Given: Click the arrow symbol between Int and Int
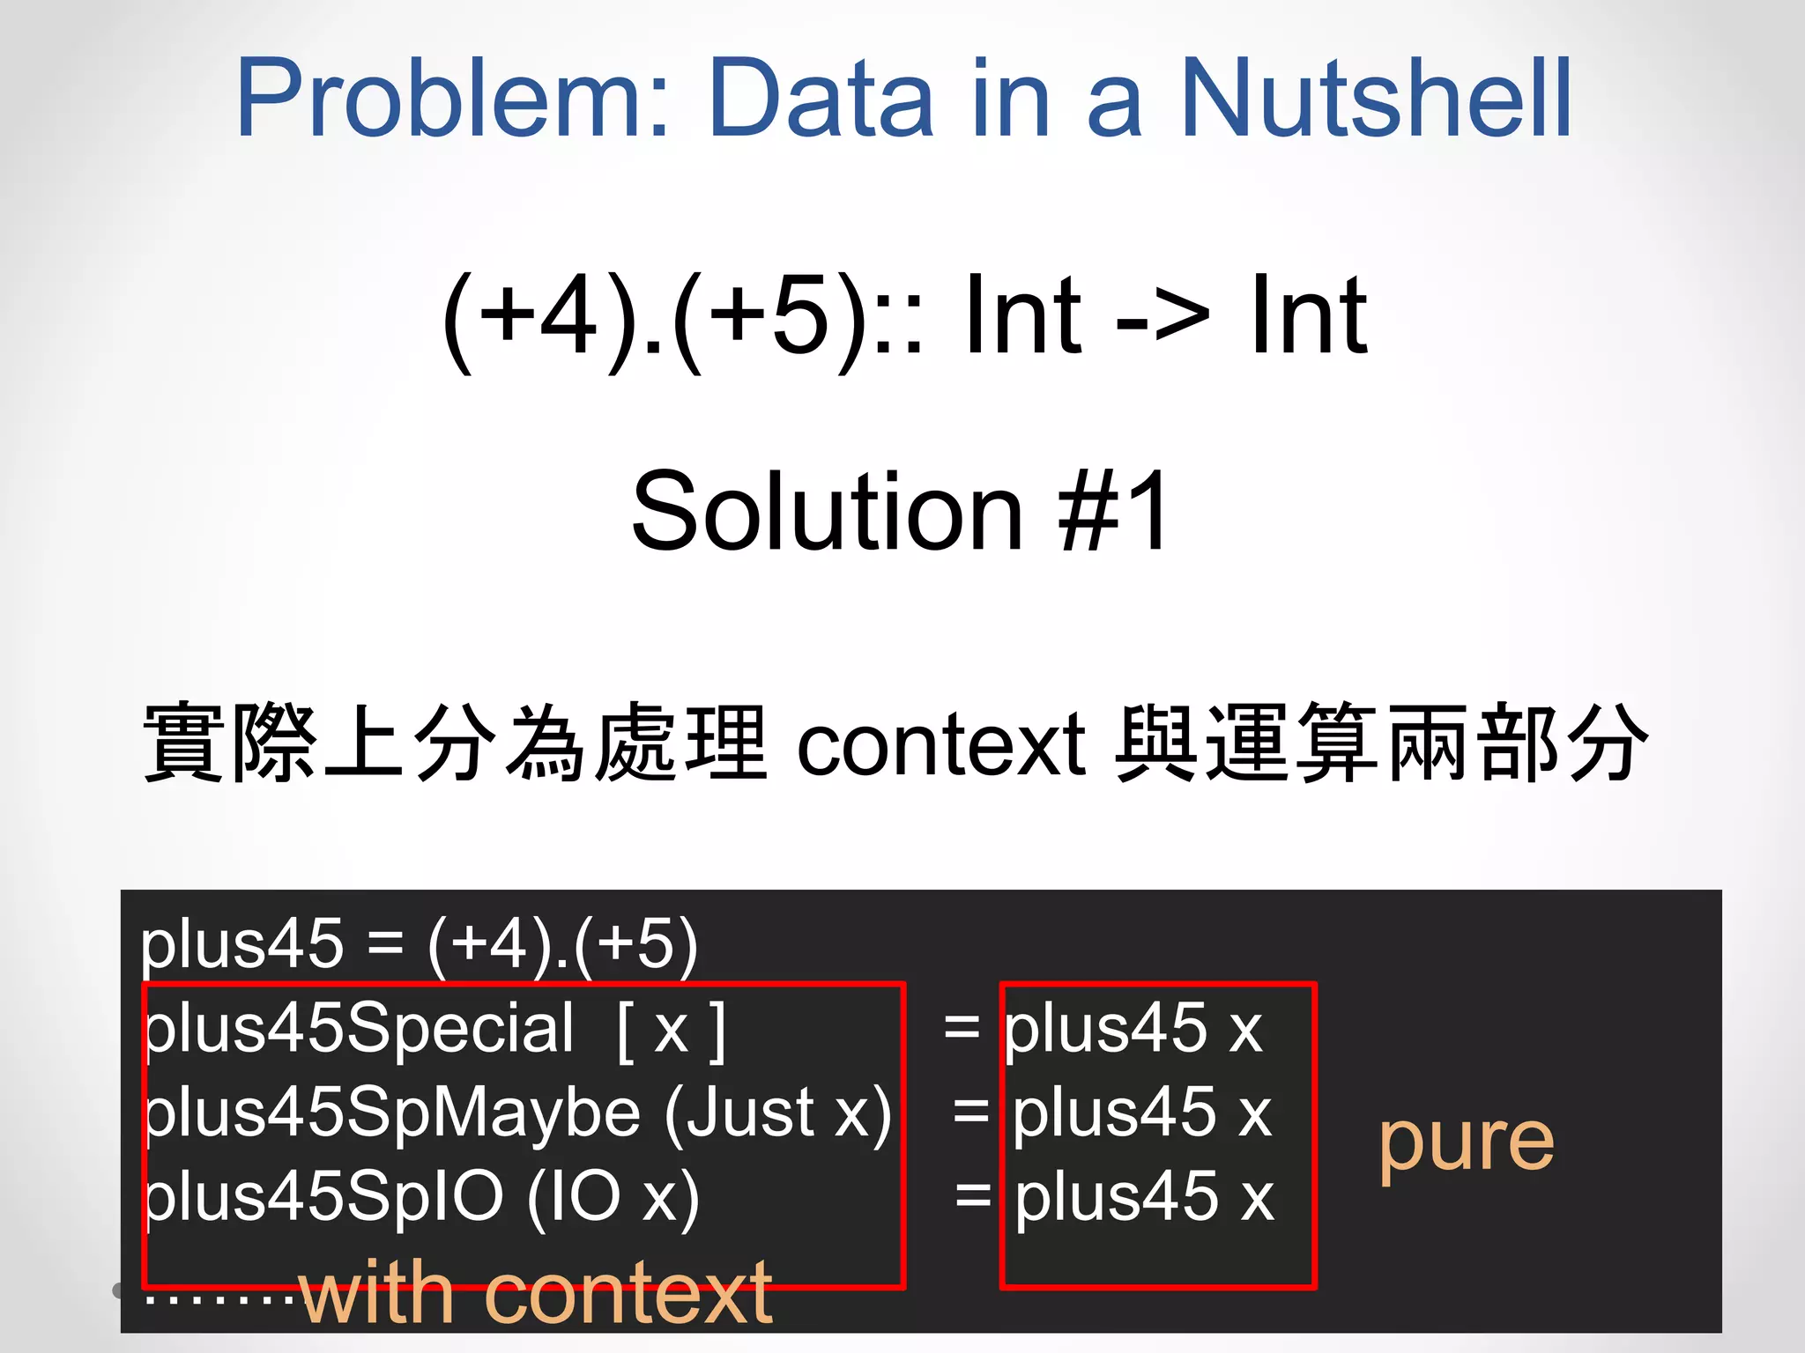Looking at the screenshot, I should coord(1162,317).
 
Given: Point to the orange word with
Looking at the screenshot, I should coord(377,1293).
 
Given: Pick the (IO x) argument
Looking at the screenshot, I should coord(613,1196).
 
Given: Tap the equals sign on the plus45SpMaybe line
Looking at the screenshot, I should coord(971,1112).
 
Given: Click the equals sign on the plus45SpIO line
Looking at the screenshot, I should coord(974,1195).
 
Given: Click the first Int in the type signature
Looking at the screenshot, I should coord(1022,317).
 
